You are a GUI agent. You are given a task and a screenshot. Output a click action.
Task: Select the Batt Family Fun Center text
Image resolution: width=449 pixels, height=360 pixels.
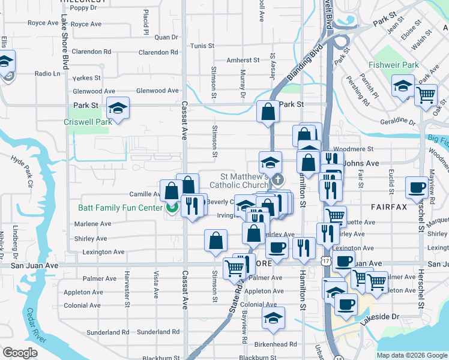120,208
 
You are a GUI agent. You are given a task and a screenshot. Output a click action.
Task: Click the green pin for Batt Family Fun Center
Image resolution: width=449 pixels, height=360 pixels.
172,208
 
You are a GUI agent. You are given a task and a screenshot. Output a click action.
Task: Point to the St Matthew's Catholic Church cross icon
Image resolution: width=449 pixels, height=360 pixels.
277,179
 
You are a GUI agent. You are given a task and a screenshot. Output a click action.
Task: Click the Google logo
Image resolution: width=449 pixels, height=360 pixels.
19,352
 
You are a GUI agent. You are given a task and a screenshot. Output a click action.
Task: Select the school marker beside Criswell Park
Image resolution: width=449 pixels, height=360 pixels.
118,108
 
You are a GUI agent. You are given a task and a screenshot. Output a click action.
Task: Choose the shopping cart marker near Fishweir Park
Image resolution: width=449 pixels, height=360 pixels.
426,94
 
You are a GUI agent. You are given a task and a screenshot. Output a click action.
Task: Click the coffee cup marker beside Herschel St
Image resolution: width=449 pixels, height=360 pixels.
416,187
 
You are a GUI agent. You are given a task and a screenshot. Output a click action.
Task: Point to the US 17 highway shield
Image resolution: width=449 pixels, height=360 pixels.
325,262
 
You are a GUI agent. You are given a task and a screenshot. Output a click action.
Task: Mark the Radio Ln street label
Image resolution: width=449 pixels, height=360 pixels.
48,74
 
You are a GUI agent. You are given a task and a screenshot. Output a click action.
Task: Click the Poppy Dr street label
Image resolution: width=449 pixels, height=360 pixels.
83,8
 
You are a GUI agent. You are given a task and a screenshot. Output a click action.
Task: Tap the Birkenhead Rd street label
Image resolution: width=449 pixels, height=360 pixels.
276,344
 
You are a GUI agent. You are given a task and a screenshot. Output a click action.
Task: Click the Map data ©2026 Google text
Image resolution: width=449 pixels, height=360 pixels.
412,355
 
